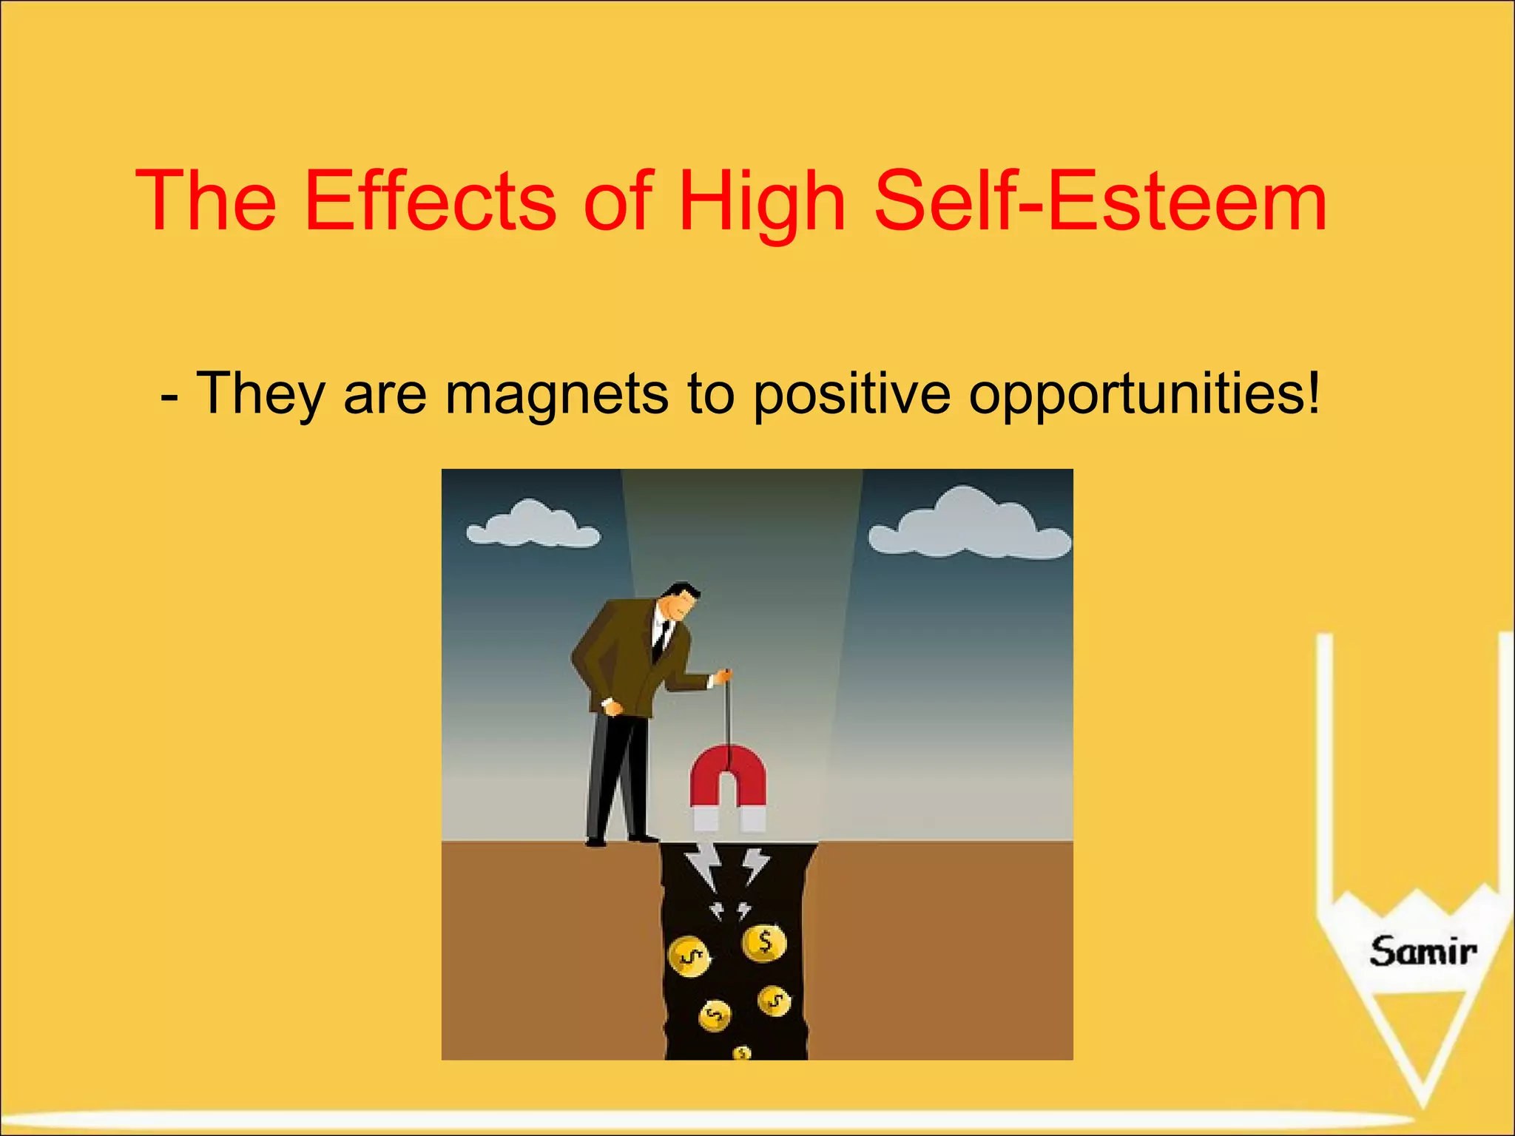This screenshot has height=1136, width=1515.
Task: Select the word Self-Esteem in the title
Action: click(x=1100, y=201)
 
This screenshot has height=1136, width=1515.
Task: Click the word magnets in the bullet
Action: click(x=556, y=393)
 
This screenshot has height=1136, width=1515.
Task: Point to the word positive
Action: click(x=851, y=393)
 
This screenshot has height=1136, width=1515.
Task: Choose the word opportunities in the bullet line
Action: click(x=1144, y=393)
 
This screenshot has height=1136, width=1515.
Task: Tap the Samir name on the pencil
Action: click(x=1422, y=951)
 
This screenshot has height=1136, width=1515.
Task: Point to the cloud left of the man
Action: click(x=533, y=525)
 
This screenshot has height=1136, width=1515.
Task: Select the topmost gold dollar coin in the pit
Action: click(x=764, y=943)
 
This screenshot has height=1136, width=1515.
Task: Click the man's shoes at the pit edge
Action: click(x=621, y=839)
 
